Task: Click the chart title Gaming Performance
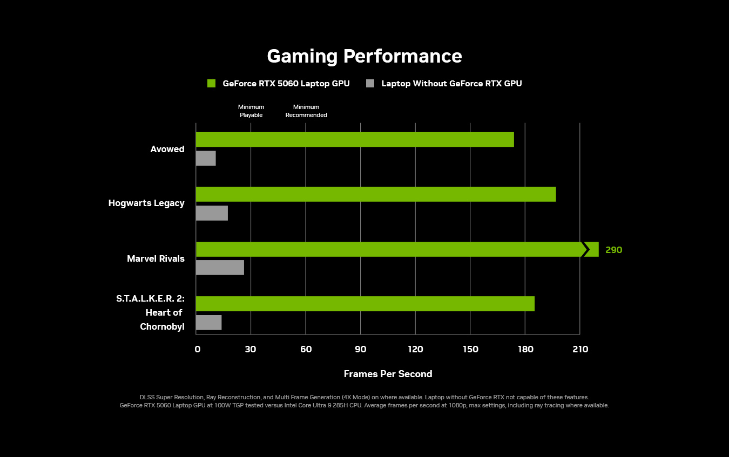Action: coord(364,57)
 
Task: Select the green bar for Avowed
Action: coord(354,140)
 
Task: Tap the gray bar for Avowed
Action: coord(206,158)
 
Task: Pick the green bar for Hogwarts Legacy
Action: coord(375,194)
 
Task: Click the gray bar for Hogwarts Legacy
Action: coord(212,213)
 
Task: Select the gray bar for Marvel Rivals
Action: coord(220,268)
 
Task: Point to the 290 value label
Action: coord(613,250)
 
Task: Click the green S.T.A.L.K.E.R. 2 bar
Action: coord(365,304)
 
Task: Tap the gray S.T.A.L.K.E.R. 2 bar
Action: coord(208,323)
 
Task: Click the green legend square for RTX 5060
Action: coord(212,84)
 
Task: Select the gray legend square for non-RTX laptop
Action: coord(370,84)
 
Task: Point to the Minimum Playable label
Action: coord(251,111)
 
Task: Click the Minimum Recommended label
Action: coord(306,111)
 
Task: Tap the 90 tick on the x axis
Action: coord(360,350)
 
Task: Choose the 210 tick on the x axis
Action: coord(580,350)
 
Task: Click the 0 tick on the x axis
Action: coord(197,350)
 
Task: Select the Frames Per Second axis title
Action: coord(388,374)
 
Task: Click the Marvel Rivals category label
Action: coord(156,259)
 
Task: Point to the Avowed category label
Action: coord(167,149)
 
